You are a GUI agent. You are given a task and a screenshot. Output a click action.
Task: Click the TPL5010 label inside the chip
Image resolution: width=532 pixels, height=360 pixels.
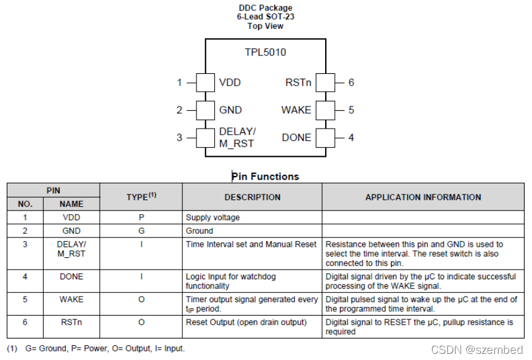pos(265,52)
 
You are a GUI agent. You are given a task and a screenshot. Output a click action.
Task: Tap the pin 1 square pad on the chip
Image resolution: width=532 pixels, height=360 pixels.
pos(204,82)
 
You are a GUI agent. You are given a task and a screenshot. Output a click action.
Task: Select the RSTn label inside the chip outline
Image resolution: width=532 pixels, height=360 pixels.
pos(298,82)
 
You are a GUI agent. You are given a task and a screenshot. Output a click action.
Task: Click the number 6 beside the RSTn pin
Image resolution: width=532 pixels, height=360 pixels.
pos(351,82)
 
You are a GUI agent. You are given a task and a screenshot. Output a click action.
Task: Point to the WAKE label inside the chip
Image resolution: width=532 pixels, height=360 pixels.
pos(296,110)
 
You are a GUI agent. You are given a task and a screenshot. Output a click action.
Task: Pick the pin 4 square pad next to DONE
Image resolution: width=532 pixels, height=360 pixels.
pos(326,137)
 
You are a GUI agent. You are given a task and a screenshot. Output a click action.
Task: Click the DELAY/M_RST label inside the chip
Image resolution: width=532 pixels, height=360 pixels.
pos(237,137)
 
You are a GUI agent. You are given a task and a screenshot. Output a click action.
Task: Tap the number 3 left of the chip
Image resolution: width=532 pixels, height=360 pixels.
pos(180,137)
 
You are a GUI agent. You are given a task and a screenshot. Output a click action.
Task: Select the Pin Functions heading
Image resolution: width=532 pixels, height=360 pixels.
pos(266,177)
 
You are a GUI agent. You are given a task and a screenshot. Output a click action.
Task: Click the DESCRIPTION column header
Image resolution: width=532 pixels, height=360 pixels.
pos(252,198)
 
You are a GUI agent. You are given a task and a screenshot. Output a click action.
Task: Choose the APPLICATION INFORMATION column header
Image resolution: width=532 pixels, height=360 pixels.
pos(423,198)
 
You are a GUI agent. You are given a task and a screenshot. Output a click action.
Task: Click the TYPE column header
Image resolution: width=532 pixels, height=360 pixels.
pos(141,197)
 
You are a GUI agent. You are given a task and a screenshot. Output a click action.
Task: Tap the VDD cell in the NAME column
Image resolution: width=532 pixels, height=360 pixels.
pos(71,217)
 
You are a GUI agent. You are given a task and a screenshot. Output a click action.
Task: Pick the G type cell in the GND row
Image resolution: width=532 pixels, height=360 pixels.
pos(141,231)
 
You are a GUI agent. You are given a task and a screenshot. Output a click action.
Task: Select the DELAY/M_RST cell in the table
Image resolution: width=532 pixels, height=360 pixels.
pos(71,249)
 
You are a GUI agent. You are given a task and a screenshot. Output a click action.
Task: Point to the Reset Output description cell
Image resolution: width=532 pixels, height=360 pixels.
pos(246,322)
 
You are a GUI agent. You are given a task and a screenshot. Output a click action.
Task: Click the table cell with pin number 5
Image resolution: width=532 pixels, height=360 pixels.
pos(25,300)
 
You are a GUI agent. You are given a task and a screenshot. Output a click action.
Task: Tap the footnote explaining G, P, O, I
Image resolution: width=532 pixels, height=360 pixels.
pos(96,348)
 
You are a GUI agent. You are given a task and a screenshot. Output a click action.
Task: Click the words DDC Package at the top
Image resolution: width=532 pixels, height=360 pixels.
pos(265,8)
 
